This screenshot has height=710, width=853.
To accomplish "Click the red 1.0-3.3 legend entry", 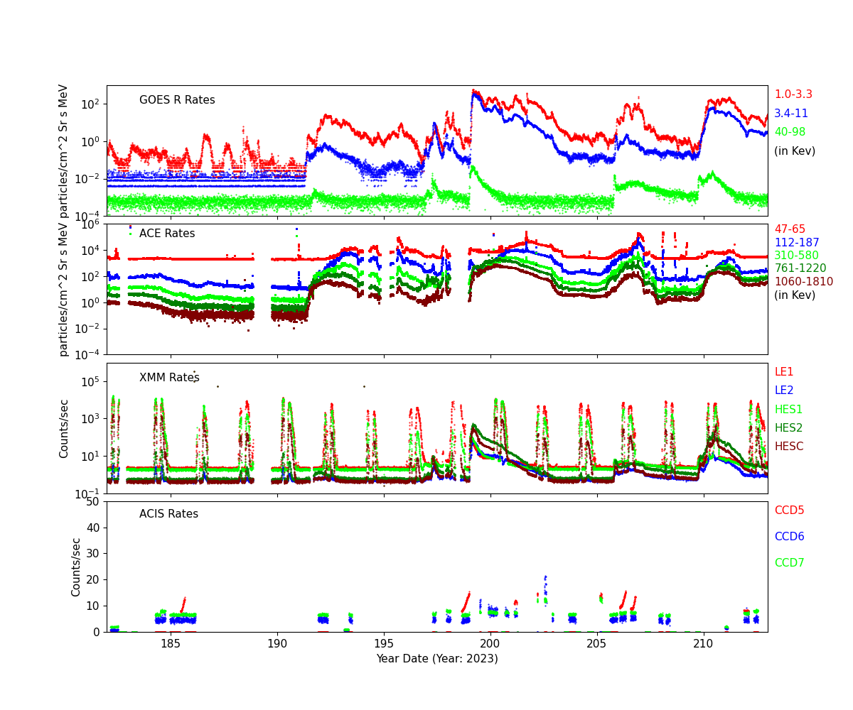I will [793, 94].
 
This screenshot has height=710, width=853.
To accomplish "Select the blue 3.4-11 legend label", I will [790, 114].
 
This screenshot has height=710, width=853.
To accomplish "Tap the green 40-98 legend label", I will [790, 132].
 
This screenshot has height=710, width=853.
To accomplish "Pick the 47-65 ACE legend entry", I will [790, 229].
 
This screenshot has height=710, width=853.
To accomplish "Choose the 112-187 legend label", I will [796, 243].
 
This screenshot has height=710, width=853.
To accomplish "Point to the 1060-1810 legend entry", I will [803, 282].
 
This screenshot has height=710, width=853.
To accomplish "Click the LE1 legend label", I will [783, 372].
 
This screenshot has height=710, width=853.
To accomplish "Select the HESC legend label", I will [788, 447].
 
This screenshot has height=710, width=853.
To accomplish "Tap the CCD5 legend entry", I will [789, 510].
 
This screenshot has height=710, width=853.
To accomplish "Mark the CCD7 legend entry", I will [789, 563].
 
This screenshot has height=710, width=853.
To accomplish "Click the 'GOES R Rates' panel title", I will [177, 100].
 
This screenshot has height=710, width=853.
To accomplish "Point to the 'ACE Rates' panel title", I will [167, 234].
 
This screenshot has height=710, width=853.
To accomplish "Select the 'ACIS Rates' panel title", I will [168, 514].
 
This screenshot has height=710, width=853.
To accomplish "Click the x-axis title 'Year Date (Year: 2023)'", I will [437, 658].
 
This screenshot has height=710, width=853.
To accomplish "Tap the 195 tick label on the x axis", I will [384, 643].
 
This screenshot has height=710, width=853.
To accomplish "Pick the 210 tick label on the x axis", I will [704, 643].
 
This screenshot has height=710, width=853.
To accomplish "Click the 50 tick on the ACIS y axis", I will [92, 502].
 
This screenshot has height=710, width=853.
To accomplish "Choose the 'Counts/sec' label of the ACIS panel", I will [77, 567].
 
